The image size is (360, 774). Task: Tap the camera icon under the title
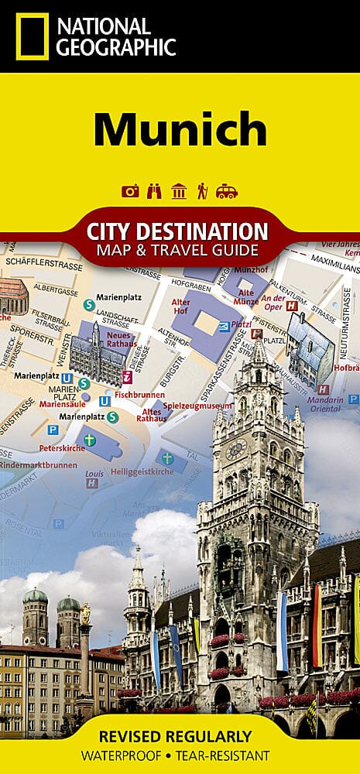[131, 190]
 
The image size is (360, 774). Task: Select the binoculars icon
[155, 190]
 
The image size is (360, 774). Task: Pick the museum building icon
[179, 190]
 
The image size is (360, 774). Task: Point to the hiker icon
[202, 190]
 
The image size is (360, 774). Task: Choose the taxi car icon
[227, 190]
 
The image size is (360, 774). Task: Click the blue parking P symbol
[53, 429]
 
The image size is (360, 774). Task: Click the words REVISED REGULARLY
[180, 736]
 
